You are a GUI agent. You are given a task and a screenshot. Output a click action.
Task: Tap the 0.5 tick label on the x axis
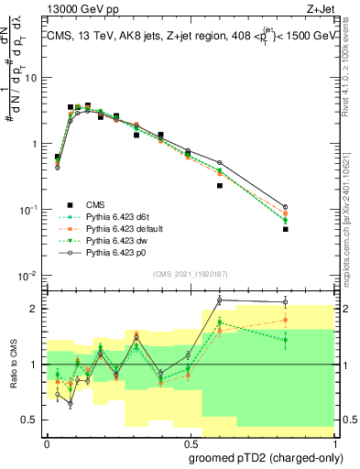pos(189,442)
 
